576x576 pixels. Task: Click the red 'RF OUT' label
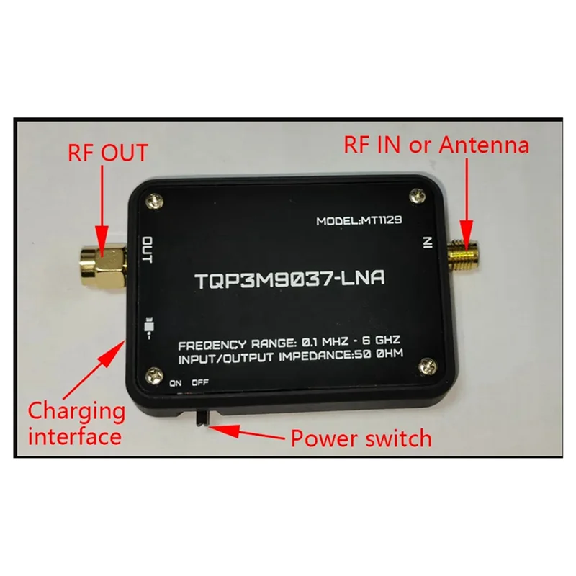coord(108,153)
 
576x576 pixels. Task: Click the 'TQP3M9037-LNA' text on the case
coord(289,279)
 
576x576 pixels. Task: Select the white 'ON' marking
coord(176,384)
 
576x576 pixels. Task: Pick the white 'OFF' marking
coord(200,384)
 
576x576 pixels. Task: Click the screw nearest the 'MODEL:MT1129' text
coord(415,194)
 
